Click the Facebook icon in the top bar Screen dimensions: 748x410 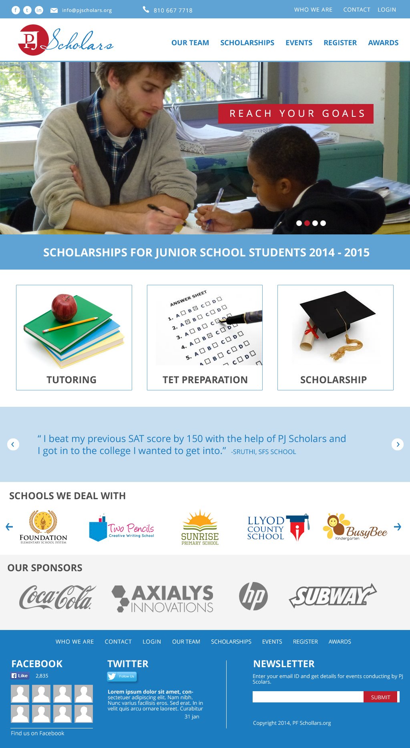coord(16,10)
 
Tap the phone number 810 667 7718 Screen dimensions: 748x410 coord(173,10)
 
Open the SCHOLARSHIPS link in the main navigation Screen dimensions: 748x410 coord(247,43)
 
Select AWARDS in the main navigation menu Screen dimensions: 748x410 coord(383,43)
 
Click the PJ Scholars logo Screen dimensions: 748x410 coord(65,40)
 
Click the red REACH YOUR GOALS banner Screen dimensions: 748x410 coord(296,114)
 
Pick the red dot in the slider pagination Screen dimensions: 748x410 coord(307,223)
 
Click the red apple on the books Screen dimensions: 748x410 coord(64,307)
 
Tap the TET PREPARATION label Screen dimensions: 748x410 coord(205,380)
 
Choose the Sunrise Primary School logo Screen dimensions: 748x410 coord(200,527)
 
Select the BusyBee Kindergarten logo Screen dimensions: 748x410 coord(355,527)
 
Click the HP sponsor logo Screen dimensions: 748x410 coord(253,596)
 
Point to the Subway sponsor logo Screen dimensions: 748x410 coord(332,596)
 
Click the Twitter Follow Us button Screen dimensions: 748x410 coord(122,676)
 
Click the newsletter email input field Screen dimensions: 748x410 coord(308,697)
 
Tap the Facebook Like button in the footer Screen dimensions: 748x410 coord(20,676)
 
